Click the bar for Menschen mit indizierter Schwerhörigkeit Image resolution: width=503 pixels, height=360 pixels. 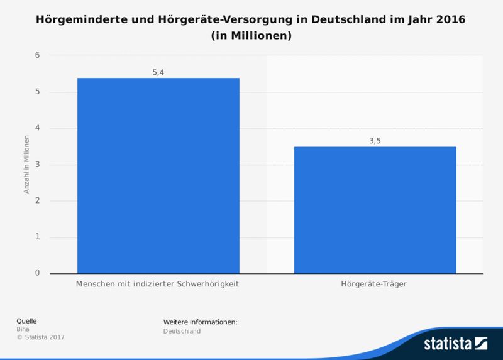coord(158,175)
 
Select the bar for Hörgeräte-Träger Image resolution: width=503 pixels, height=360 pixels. coord(375,210)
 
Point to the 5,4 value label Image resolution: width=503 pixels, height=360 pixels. coord(158,72)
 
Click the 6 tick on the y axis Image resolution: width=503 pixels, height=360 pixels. coord(37,55)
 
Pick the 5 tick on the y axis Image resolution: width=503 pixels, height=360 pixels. coord(37,92)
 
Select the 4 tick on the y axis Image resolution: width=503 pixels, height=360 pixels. coord(37,128)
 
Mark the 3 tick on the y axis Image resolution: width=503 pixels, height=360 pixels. coord(37,165)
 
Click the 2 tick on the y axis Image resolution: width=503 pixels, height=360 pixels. coord(37,201)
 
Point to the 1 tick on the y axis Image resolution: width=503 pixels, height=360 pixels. coord(37,237)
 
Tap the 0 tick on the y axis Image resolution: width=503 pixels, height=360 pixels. coord(37,273)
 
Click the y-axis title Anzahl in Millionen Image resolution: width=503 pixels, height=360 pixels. coord(27,165)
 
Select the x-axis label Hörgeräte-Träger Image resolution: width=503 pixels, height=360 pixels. coord(375,285)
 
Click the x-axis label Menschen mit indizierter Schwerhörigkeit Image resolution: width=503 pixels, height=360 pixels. coord(158,285)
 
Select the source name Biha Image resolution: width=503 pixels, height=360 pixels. coord(22,329)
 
